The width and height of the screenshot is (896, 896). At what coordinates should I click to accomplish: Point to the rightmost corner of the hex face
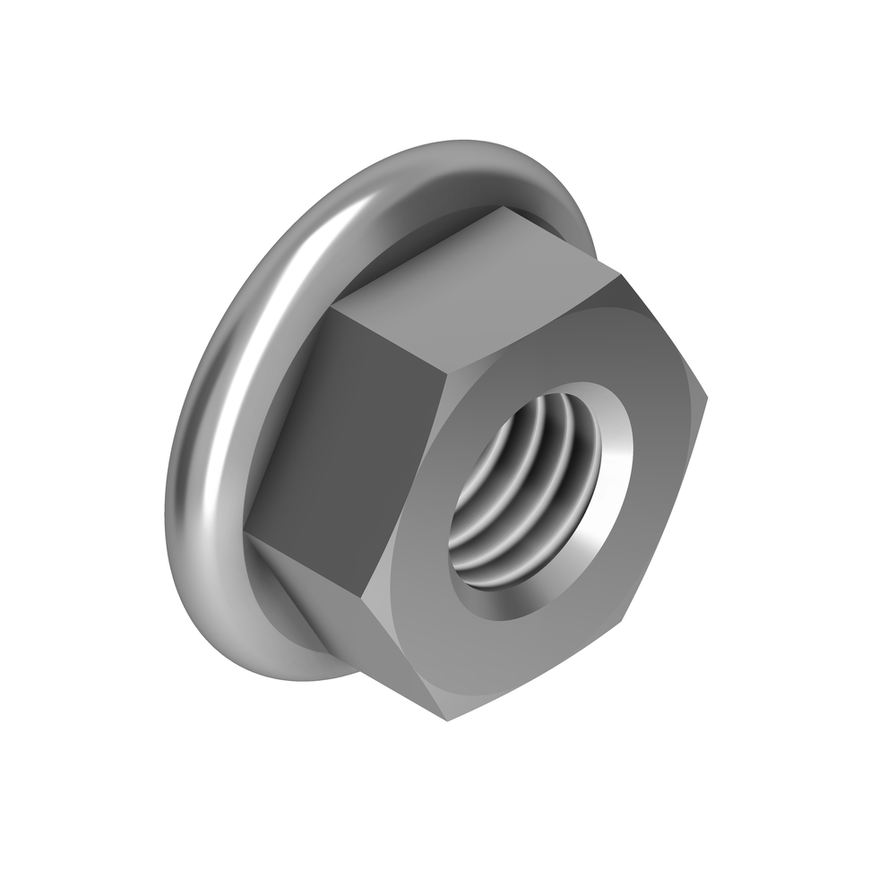click(x=707, y=394)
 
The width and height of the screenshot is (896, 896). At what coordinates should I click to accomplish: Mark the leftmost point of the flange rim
click(x=165, y=538)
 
